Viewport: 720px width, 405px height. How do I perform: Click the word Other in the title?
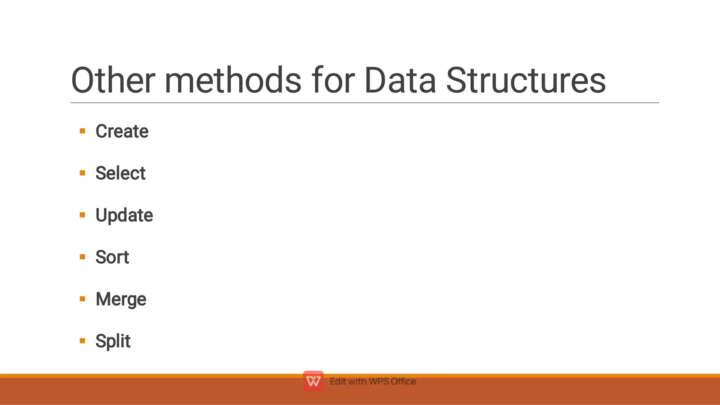(x=113, y=80)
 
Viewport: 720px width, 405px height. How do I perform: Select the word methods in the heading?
(x=233, y=80)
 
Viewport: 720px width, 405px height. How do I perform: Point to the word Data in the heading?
(x=400, y=80)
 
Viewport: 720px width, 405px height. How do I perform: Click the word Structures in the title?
(x=526, y=80)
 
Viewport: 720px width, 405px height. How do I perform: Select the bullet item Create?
(x=122, y=131)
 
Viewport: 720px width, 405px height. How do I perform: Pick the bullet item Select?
(x=120, y=173)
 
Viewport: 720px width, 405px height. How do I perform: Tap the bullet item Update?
(x=124, y=215)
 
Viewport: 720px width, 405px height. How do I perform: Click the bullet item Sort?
(x=112, y=257)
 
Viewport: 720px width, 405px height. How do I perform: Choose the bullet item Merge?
(x=121, y=299)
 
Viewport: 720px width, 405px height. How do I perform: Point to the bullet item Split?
(x=113, y=341)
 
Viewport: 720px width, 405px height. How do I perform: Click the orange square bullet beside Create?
(x=83, y=131)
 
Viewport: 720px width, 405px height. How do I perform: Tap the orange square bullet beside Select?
(x=83, y=173)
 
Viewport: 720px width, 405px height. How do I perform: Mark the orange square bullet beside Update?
(x=83, y=215)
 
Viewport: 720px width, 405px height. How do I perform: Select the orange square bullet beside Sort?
(x=83, y=257)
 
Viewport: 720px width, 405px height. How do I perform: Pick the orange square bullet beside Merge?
(x=83, y=299)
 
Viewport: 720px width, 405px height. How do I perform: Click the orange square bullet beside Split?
(x=83, y=341)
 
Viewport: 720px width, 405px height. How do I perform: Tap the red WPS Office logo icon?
(x=313, y=381)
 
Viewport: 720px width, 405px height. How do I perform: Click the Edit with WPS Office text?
(x=373, y=381)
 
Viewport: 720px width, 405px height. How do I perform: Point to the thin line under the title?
(x=365, y=103)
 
